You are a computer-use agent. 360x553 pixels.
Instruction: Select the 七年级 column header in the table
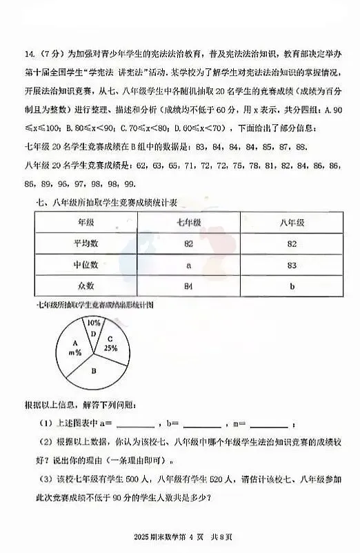coord(188,223)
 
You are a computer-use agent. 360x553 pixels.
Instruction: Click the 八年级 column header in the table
coord(291,223)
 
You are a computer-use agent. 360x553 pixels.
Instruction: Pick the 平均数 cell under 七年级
coord(188,243)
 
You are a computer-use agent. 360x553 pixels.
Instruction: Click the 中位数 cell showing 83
coord(291,264)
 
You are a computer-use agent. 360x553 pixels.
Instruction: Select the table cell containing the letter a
coord(188,264)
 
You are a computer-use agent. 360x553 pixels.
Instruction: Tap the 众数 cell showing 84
coord(188,285)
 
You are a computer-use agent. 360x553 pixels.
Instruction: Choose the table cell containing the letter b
coord(291,285)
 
